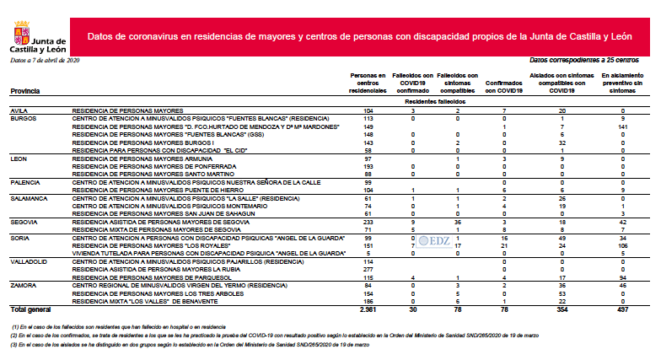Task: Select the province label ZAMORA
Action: pyautogui.click(x=22, y=285)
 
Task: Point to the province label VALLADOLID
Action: pyautogui.click(x=28, y=261)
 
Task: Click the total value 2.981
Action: pyautogui.click(x=367, y=310)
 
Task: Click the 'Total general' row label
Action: pyautogui.click(x=31, y=310)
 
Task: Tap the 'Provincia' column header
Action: pyautogui.click(x=26, y=91)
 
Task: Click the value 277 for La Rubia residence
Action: pyautogui.click(x=367, y=269)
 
